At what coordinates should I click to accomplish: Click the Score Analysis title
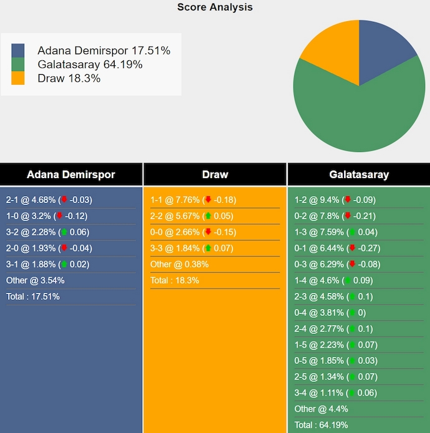click(x=215, y=7)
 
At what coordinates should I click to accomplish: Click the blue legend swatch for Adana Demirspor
click(x=18, y=50)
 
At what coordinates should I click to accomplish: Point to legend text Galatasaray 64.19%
click(x=90, y=64)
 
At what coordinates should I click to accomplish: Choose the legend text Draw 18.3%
click(x=69, y=78)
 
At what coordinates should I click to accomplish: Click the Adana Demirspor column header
click(x=71, y=174)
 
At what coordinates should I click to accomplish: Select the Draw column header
click(x=215, y=174)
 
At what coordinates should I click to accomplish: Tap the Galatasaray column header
click(x=358, y=174)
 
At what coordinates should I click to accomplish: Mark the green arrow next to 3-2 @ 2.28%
click(x=64, y=232)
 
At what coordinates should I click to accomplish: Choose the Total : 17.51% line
click(x=33, y=297)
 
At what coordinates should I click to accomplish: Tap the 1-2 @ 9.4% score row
click(x=335, y=200)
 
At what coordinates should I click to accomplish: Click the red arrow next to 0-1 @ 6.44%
click(x=352, y=249)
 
